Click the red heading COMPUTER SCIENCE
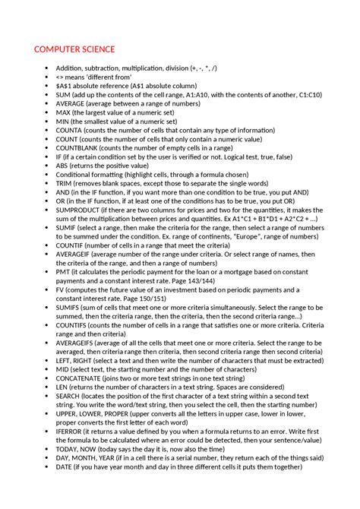click(74, 50)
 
